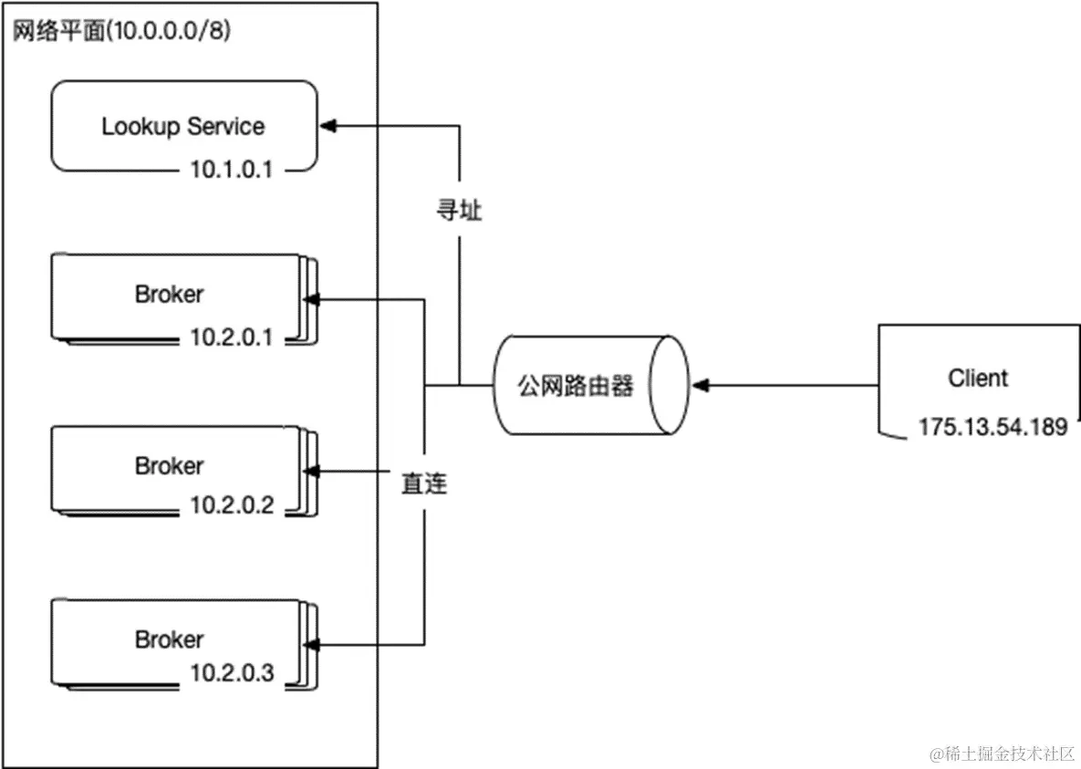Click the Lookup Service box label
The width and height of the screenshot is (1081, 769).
(182, 126)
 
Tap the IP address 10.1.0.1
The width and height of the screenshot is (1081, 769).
(232, 169)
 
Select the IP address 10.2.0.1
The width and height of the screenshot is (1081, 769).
(232, 338)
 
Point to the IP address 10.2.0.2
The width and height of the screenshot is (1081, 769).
(232, 504)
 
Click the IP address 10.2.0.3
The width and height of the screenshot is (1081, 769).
(232, 673)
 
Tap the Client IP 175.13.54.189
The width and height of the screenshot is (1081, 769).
(993, 426)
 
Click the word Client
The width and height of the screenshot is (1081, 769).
(978, 378)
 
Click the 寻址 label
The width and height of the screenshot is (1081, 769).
(456, 211)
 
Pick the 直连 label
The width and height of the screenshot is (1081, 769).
(425, 483)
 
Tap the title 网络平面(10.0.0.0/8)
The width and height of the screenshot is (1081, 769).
(121, 30)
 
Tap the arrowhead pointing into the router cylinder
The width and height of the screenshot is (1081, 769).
(700, 386)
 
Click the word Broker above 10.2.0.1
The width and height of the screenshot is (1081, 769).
(169, 295)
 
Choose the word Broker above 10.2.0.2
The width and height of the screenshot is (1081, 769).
(169, 465)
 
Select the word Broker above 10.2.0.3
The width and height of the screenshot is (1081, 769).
(169, 639)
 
